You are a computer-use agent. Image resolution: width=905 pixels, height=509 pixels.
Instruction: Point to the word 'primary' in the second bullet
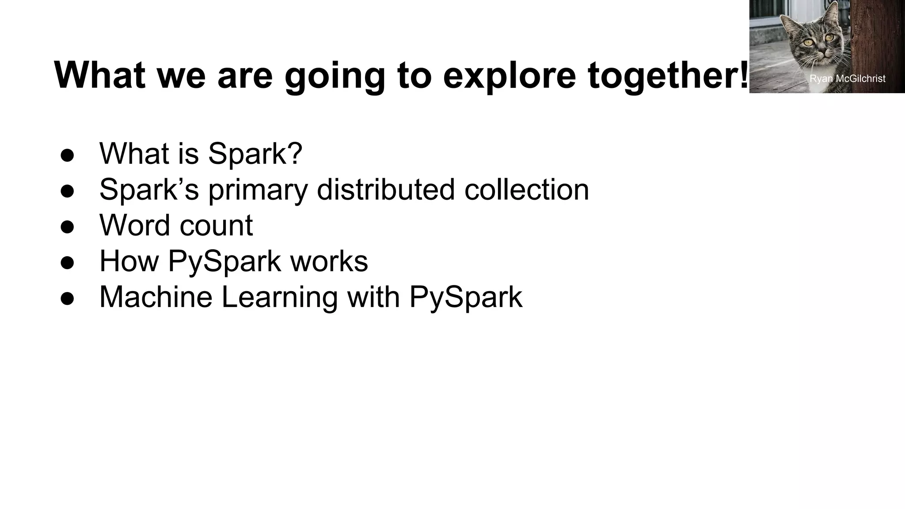click(258, 190)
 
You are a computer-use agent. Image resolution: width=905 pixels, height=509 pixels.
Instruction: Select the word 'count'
click(216, 226)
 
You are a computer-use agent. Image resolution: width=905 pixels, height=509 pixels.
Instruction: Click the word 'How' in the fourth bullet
click(129, 261)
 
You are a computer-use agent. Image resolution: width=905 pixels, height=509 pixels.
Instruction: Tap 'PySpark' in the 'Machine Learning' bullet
click(466, 297)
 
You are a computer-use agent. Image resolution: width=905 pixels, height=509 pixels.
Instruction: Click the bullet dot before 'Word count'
click(67, 227)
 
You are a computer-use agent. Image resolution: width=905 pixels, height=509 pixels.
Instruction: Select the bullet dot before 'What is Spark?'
click(67, 155)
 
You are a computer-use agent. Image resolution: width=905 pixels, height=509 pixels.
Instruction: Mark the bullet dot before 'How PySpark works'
click(67, 262)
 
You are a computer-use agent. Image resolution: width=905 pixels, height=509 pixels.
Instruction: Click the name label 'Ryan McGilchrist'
click(847, 79)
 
